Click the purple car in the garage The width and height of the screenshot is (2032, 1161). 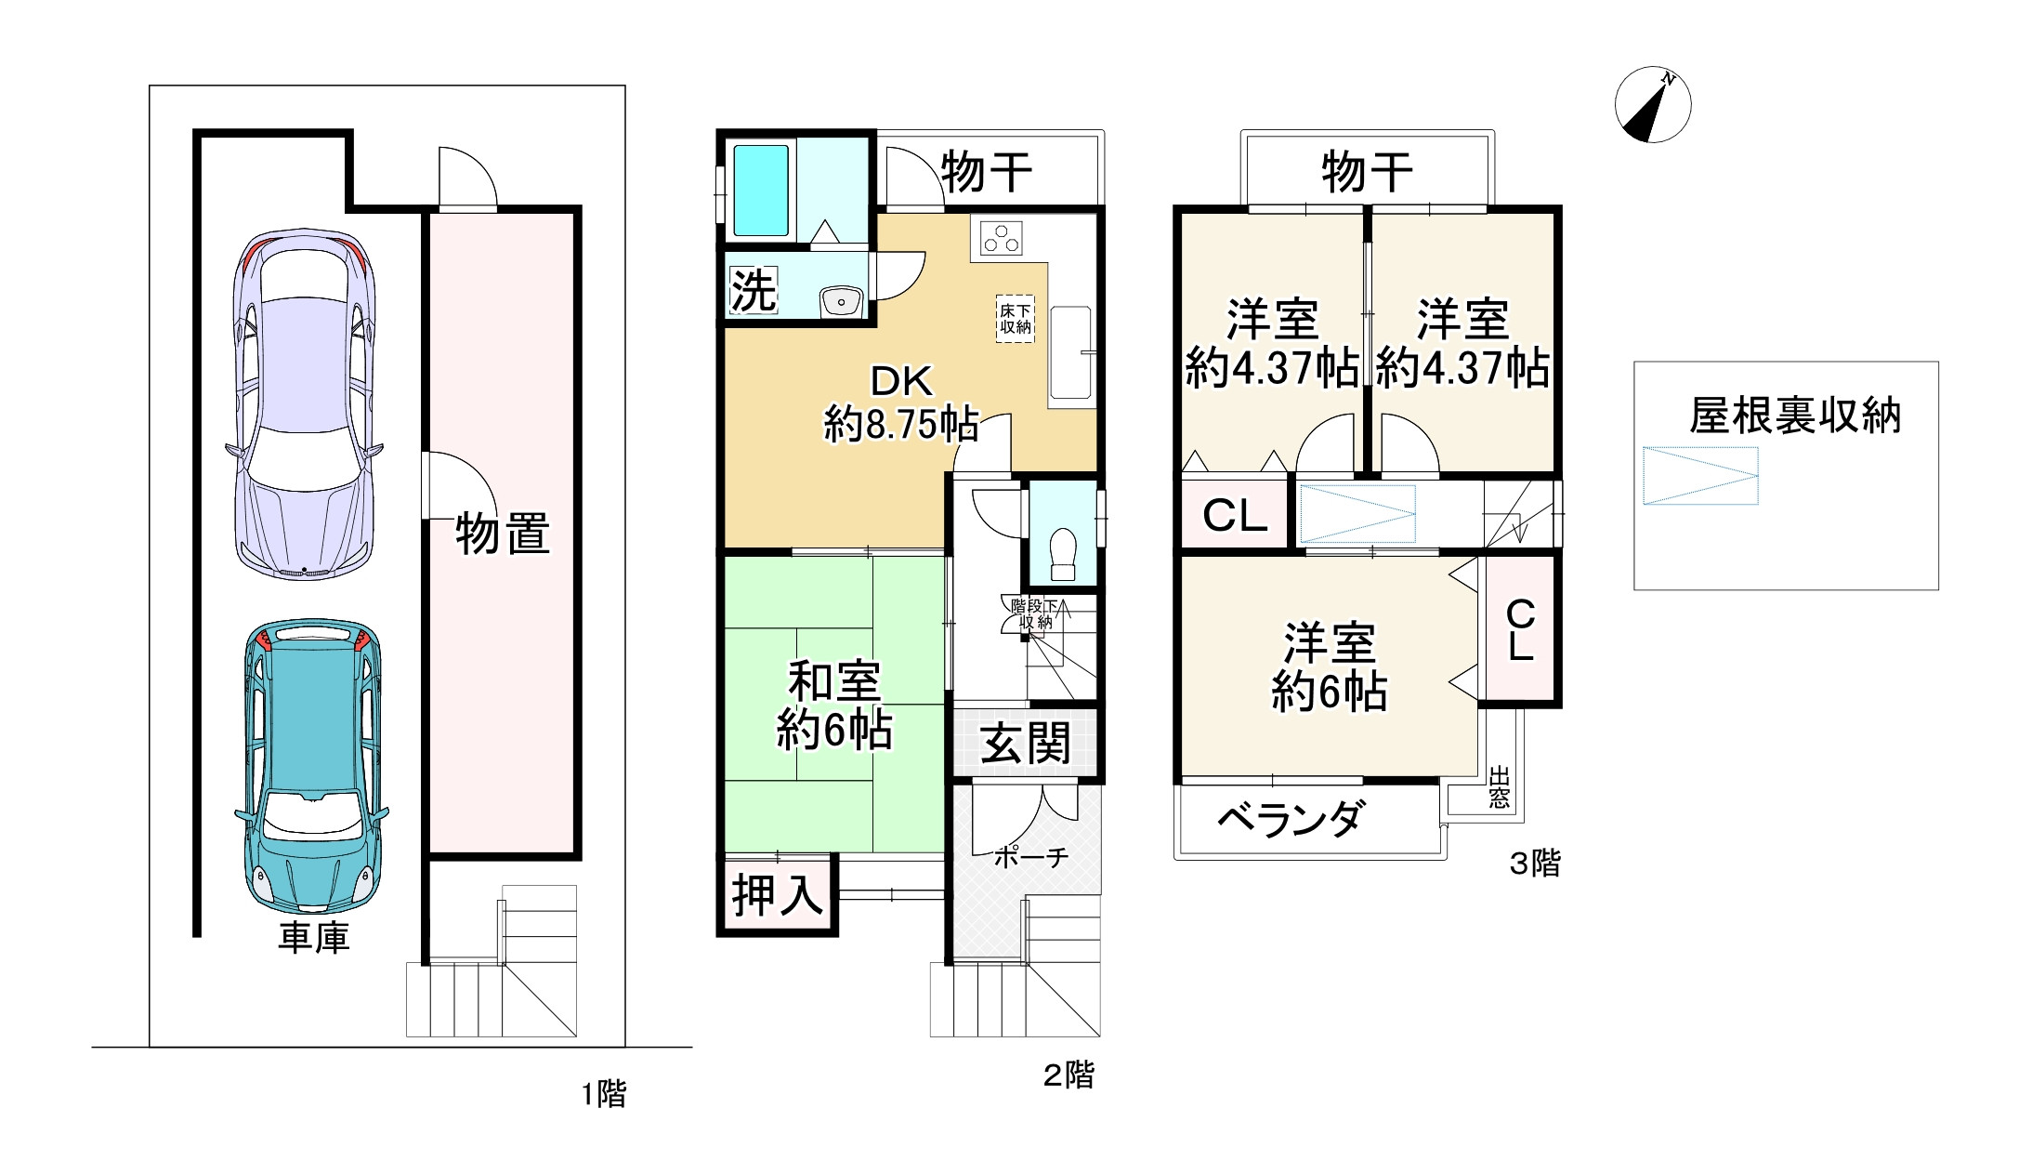(304, 404)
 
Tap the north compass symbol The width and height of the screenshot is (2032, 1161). (1653, 105)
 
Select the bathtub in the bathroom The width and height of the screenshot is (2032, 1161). (762, 190)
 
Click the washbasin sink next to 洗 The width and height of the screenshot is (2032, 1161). (842, 300)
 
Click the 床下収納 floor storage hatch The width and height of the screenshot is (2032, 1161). (1016, 319)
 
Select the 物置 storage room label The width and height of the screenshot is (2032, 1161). (502, 534)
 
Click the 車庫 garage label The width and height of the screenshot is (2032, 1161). (314, 938)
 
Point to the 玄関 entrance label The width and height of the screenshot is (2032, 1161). (1026, 744)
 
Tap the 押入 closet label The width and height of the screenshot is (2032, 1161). (778, 895)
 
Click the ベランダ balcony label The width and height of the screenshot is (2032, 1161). (1291, 820)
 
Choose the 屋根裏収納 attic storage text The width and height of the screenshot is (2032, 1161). (1795, 416)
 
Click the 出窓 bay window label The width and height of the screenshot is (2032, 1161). (1499, 787)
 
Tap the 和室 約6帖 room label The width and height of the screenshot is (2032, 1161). (834, 706)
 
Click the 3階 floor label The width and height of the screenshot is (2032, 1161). (1534, 864)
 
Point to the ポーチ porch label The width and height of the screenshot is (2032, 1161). (1030, 857)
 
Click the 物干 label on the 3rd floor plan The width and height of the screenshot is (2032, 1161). (1367, 173)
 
